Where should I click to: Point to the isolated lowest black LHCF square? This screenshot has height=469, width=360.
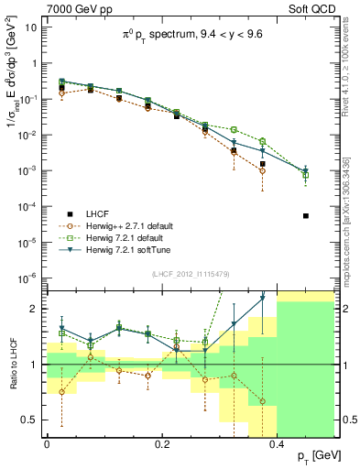click(x=306, y=216)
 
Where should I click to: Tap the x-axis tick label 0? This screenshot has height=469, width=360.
click(x=47, y=443)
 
